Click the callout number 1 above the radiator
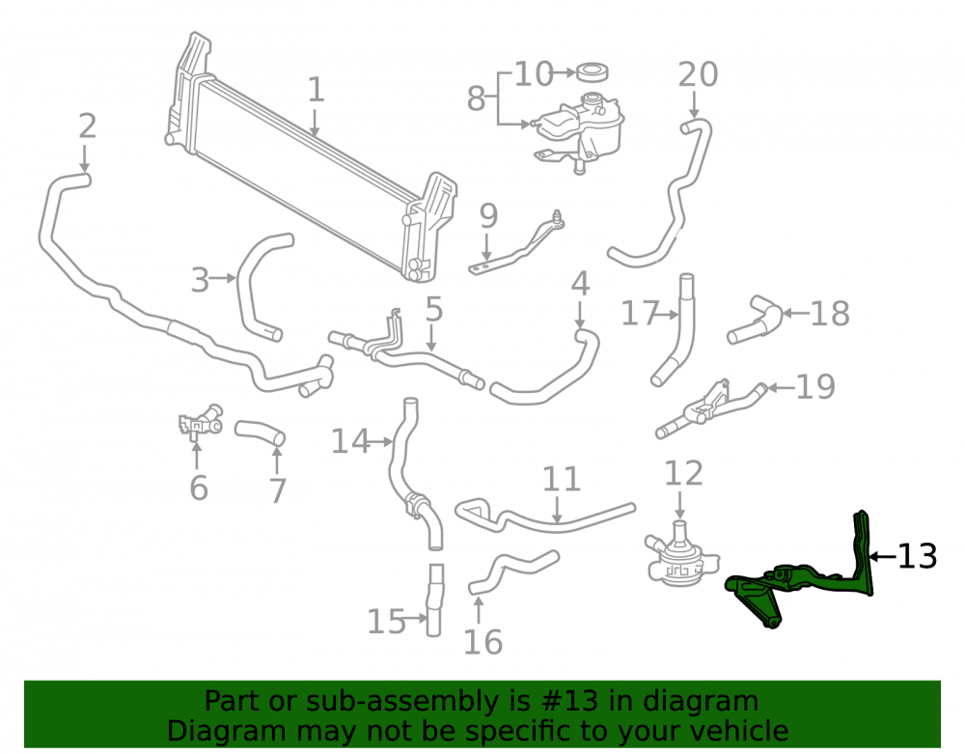[316, 90]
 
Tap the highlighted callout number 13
[917, 556]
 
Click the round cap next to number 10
[593, 71]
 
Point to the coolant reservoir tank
[578, 132]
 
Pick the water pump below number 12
[680, 556]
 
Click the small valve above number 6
[200, 422]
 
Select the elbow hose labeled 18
[756, 321]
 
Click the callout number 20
[698, 74]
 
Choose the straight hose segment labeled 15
[434, 600]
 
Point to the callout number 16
[482, 642]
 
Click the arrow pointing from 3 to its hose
[223, 279]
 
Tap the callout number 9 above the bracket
[488, 216]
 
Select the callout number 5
[434, 309]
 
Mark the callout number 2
[88, 126]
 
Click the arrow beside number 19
[780, 388]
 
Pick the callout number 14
[351, 441]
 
